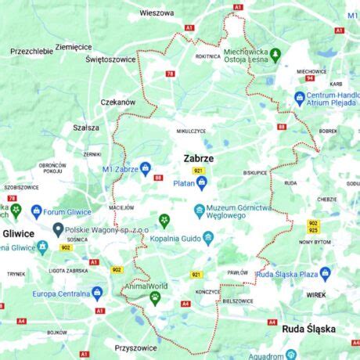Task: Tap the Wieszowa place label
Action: [157, 13]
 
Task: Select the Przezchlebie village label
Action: [32, 51]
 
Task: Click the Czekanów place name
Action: [118, 102]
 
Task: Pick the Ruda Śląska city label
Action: [308, 329]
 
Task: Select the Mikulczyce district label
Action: [191, 131]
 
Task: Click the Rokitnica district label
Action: [207, 56]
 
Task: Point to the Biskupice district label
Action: [254, 172]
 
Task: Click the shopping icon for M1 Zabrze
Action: [146, 169]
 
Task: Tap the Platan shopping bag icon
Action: [202, 183]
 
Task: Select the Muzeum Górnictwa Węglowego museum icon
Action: [200, 210]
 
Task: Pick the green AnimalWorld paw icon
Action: [155, 298]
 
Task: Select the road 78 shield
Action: [170, 74]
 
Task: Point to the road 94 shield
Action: [311, 78]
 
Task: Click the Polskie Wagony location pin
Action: [58, 230]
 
